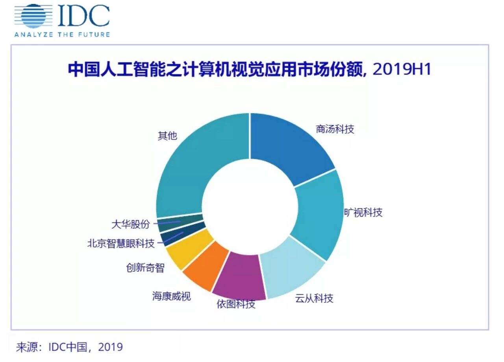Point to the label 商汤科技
[335, 129]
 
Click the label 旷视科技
[363, 213]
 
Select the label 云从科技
[314, 298]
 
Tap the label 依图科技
[236, 304]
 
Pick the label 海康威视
[171, 296]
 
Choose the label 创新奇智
[145, 268]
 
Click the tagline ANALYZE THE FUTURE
[62, 34]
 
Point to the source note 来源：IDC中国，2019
[69, 347]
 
